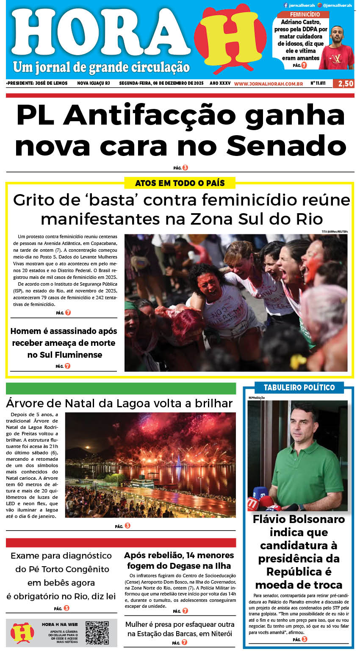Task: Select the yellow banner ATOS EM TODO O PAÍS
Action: [180, 183]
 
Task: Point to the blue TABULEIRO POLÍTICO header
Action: [299, 387]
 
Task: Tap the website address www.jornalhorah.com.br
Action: [268, 84]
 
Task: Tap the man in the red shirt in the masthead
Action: [336, 49]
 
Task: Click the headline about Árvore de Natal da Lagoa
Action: [119, 403]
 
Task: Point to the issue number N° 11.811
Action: [318, 83]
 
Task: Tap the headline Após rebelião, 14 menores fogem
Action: [179, 560]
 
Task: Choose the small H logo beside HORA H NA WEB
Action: [22, 632]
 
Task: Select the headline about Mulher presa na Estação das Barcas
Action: [180, 629]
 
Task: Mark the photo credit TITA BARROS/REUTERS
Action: [334, 231]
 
